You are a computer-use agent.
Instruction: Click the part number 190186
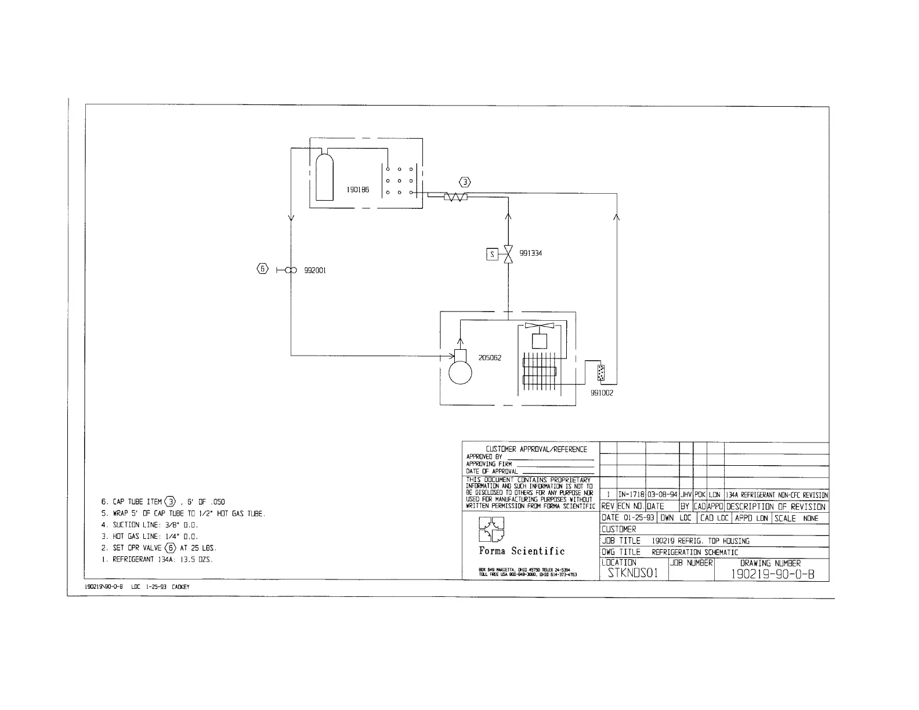coord(357,190)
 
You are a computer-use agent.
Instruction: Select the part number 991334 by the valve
coord(530,253)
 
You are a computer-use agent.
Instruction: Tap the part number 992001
coord(314,270)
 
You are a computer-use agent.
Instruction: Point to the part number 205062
coord(490,358)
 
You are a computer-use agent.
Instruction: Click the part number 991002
coord(602,393)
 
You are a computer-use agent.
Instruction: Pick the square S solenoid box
coord(492,254)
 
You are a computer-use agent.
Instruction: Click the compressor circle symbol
coord(461,373)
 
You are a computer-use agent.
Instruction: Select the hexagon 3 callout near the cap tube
coord(465,180)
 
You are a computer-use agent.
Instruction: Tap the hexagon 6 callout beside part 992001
coord(263,269)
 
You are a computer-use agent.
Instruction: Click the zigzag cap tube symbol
coord(455,197)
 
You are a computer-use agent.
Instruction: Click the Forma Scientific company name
coord(522,551)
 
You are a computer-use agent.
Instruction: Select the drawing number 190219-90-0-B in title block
coord(772,574)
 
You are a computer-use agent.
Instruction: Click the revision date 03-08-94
coord(662,495)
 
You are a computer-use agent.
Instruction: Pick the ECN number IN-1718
coord(631,495)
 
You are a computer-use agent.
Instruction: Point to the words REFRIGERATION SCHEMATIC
coord(694,552)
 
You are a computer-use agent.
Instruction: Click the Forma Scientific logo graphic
coord(491,530)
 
